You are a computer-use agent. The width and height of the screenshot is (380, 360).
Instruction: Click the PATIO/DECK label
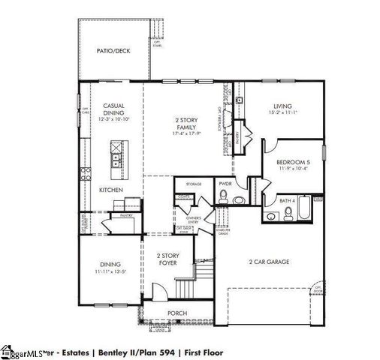[113, 51]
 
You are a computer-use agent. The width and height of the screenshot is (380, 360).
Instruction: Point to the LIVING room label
[282, 106]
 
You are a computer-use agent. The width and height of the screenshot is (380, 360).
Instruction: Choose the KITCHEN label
[111, 190]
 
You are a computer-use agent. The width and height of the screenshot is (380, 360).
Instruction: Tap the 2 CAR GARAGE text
[269, 262]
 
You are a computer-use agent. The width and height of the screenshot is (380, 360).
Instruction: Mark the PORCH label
[176, 313]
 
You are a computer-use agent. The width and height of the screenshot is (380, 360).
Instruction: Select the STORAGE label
[194, 183]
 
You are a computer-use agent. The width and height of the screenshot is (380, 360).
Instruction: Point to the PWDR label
[224, 183]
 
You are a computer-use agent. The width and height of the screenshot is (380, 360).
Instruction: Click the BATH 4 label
[288, 201]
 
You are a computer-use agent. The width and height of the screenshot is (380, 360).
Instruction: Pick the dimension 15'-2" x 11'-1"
[282, 113]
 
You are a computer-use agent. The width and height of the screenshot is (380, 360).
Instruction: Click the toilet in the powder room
[223, 197]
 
